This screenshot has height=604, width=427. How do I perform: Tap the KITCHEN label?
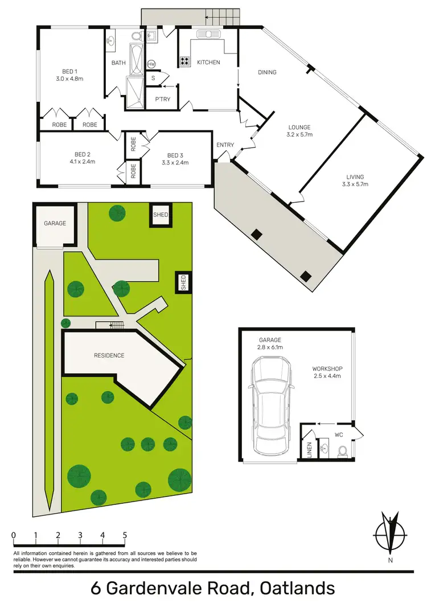[208, 62]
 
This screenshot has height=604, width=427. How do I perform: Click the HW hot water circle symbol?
[151, 64]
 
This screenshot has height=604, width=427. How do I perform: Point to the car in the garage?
[272, 405]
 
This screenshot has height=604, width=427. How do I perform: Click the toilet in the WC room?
[343, 451]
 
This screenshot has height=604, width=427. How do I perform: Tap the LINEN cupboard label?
[310, 450]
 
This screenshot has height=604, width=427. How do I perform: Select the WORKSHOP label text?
[327, 368]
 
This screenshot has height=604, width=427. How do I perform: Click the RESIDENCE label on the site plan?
[109, 355]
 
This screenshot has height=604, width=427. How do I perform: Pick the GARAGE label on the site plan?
[55, 223]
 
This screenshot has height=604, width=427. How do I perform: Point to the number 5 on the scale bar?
[124, 535]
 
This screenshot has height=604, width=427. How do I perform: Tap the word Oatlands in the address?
[296, 587]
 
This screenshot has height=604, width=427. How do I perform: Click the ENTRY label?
[225, 145]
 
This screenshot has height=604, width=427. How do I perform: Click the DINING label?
[267, 72]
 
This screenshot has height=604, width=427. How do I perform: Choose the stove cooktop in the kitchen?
[185, 61]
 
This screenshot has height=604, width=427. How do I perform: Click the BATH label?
[118, 63]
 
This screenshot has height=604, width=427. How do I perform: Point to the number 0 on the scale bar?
[13, 535]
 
